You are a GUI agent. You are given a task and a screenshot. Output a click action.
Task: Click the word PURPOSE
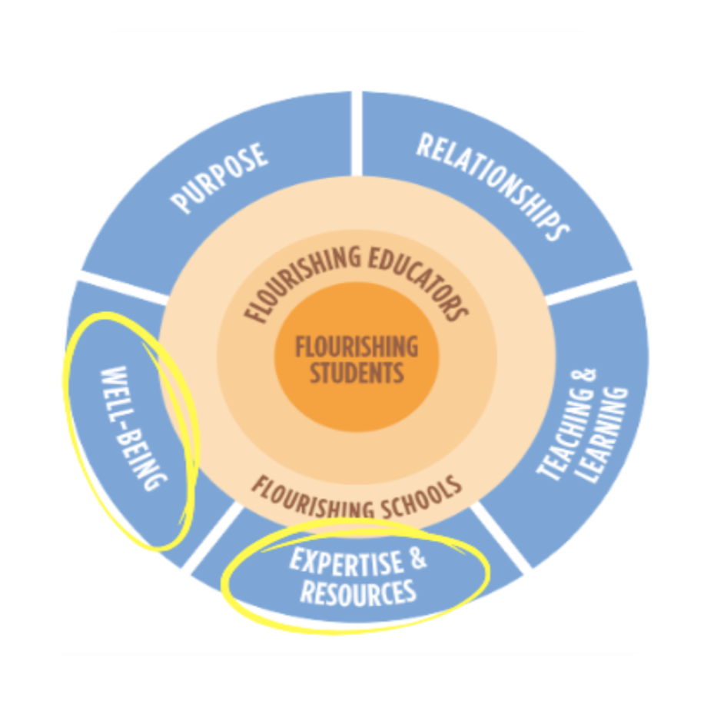click(x=221, y=178)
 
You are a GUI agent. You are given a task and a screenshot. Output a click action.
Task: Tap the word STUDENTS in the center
click(x=357, y=374)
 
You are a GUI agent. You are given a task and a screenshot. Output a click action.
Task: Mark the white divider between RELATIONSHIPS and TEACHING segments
click(x=592, y=289)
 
